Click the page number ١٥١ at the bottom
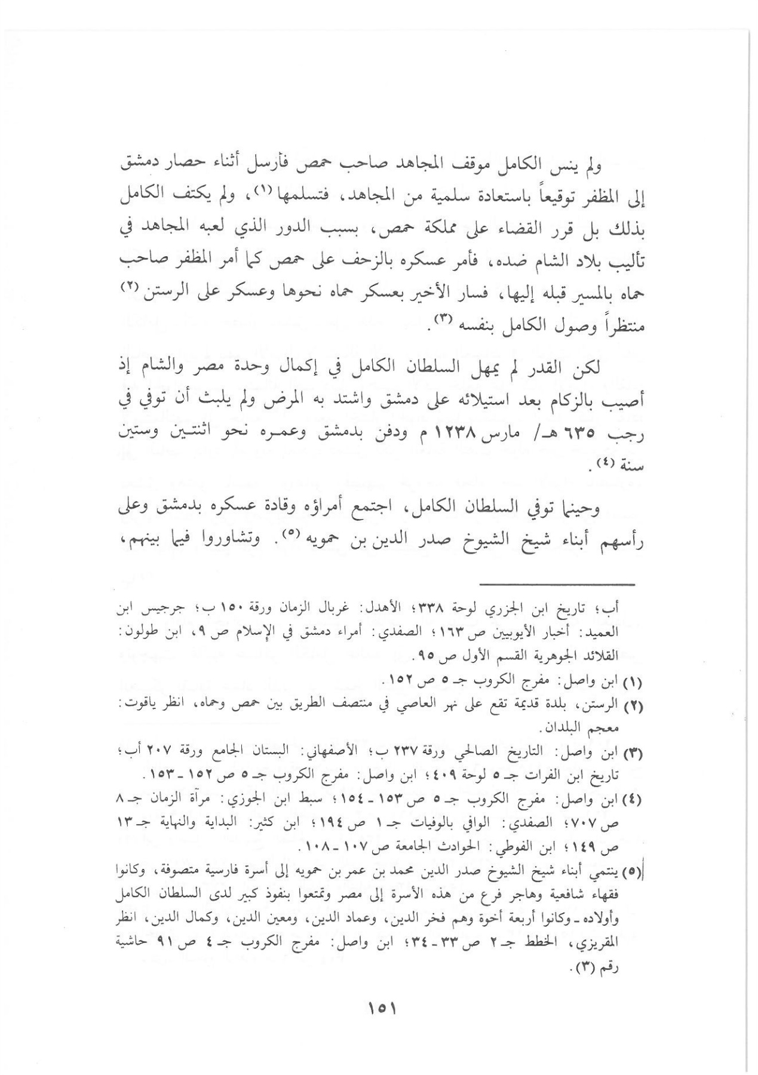[x=380, y=1009]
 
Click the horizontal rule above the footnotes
[x=557, y=583]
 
